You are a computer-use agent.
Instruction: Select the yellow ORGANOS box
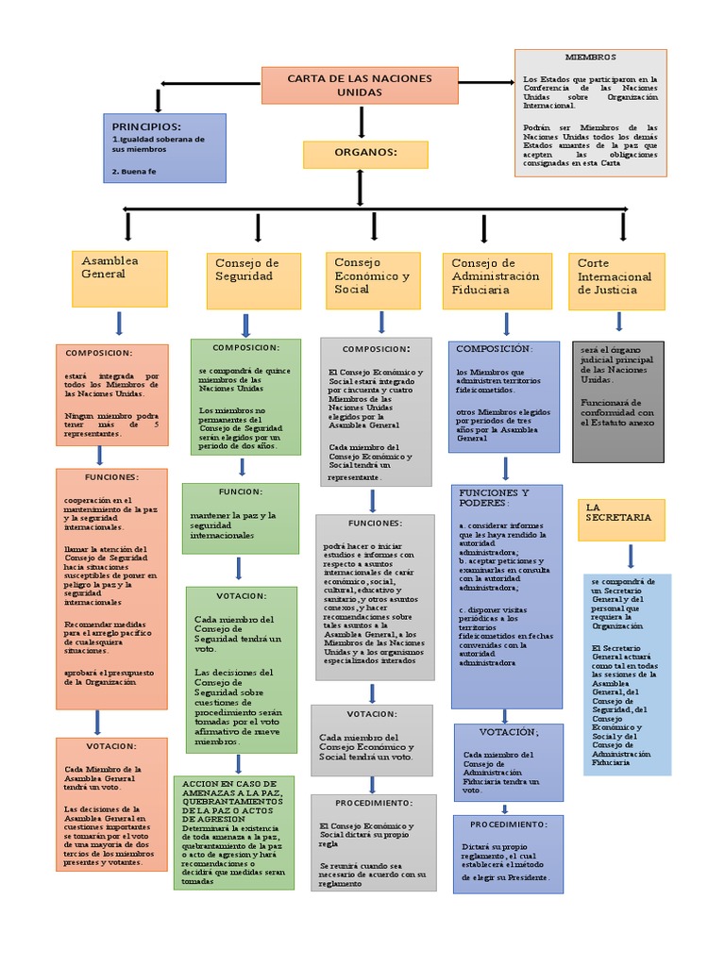coord(364,154)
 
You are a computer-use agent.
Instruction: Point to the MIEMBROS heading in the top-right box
coord(590,58)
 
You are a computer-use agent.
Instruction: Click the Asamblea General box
coord(120,278)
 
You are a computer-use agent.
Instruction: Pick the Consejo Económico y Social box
coord(373,280)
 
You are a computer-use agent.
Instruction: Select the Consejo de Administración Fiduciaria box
coord(497,280)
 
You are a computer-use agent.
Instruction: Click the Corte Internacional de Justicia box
coord(616,281)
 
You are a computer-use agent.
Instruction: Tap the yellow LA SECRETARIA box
coord(620,520)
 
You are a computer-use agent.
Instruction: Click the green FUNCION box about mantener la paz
coord(240,518)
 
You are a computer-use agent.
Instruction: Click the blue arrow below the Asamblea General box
coord(120,324)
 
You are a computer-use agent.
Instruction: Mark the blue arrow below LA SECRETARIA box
coord(630,556)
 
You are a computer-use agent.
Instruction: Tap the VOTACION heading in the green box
coord(242,595)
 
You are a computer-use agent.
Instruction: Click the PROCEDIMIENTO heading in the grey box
coord(374,802)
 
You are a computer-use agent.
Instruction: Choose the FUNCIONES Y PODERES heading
coord(494,497)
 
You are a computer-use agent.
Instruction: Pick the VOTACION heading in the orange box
coord(111,745)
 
